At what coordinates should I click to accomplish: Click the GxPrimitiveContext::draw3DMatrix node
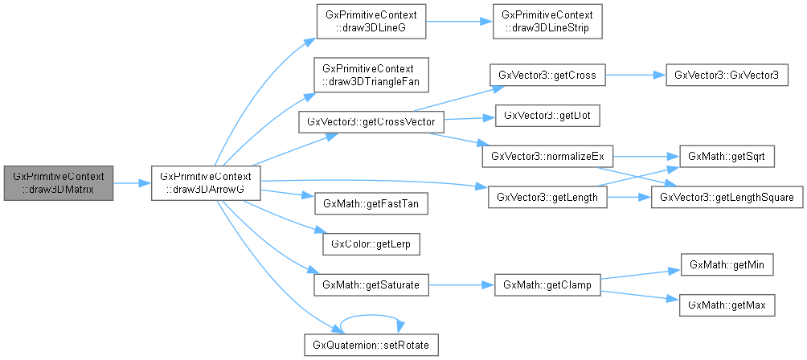(x=58, y=182)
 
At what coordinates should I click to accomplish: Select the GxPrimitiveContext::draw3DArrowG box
(x=207, y=182)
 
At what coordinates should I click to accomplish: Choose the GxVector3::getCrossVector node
(x=371, y=122)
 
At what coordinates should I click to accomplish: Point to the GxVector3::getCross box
(x=547, y=76)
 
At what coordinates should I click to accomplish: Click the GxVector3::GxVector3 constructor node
(x=727, y=76)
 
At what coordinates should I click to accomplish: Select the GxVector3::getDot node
(x=547, y=115)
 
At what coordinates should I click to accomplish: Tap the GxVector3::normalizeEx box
(x=547, y=156)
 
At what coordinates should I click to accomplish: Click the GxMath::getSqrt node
(x=727, y=156)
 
